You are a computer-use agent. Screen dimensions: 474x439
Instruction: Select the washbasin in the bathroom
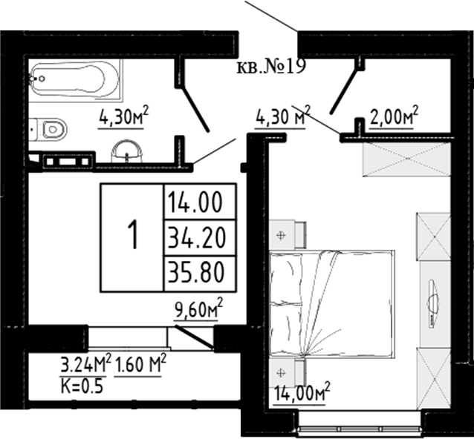click(127, 151)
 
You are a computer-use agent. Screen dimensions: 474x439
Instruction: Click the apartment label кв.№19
click(271, 67)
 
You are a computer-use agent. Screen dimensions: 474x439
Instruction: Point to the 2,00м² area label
click(394, 117)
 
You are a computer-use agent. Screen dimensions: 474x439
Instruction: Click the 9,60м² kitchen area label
click(198, 309)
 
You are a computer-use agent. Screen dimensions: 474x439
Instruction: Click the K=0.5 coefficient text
click(82, 386)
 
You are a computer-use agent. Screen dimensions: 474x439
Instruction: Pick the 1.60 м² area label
click(140, 365)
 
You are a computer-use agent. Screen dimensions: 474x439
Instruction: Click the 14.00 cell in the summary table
click(200, 202)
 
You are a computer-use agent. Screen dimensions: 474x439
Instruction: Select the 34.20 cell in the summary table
click(200, 238)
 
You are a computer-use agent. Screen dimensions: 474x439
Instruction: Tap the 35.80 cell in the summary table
click(200, 274)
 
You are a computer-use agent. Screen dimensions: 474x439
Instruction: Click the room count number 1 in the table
click(132, 234)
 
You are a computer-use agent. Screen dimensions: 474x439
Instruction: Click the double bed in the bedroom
click(331, 304)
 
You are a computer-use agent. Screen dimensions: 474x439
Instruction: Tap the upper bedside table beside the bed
click(288, 234)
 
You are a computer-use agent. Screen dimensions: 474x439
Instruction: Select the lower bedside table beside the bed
click(288, 373)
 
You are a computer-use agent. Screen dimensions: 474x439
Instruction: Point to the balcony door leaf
click(195, 338)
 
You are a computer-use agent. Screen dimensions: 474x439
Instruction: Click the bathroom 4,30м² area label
click(123, 117)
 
